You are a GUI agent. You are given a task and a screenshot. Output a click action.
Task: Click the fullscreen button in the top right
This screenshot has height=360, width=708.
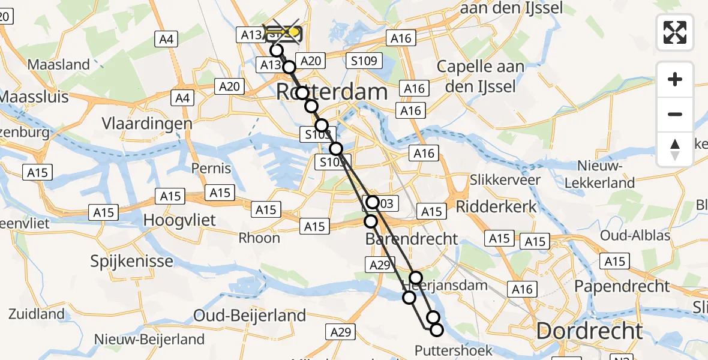pos(675,32)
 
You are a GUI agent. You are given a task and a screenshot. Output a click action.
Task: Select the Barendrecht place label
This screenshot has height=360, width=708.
pos(412,239)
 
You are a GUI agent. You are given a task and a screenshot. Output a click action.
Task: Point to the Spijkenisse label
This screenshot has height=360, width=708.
pos(131,261)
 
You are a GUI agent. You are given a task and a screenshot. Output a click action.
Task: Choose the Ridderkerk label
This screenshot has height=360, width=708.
pos(496,206)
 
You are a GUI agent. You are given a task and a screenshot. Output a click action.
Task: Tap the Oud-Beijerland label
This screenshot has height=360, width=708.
pos(250,315)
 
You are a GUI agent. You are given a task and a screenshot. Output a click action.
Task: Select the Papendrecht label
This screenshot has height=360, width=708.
pos(622,286)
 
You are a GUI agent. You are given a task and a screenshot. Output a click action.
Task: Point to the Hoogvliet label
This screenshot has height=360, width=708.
pos(179,220)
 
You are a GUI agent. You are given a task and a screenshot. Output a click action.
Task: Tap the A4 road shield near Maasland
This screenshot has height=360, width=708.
pos(166,40)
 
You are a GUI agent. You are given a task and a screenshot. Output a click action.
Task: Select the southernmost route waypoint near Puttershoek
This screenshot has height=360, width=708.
pos(436,329)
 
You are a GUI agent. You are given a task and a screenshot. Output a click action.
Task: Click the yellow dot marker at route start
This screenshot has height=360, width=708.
pos(294,31)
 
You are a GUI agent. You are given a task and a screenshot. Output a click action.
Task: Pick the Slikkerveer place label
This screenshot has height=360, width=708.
pos(496,179)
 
